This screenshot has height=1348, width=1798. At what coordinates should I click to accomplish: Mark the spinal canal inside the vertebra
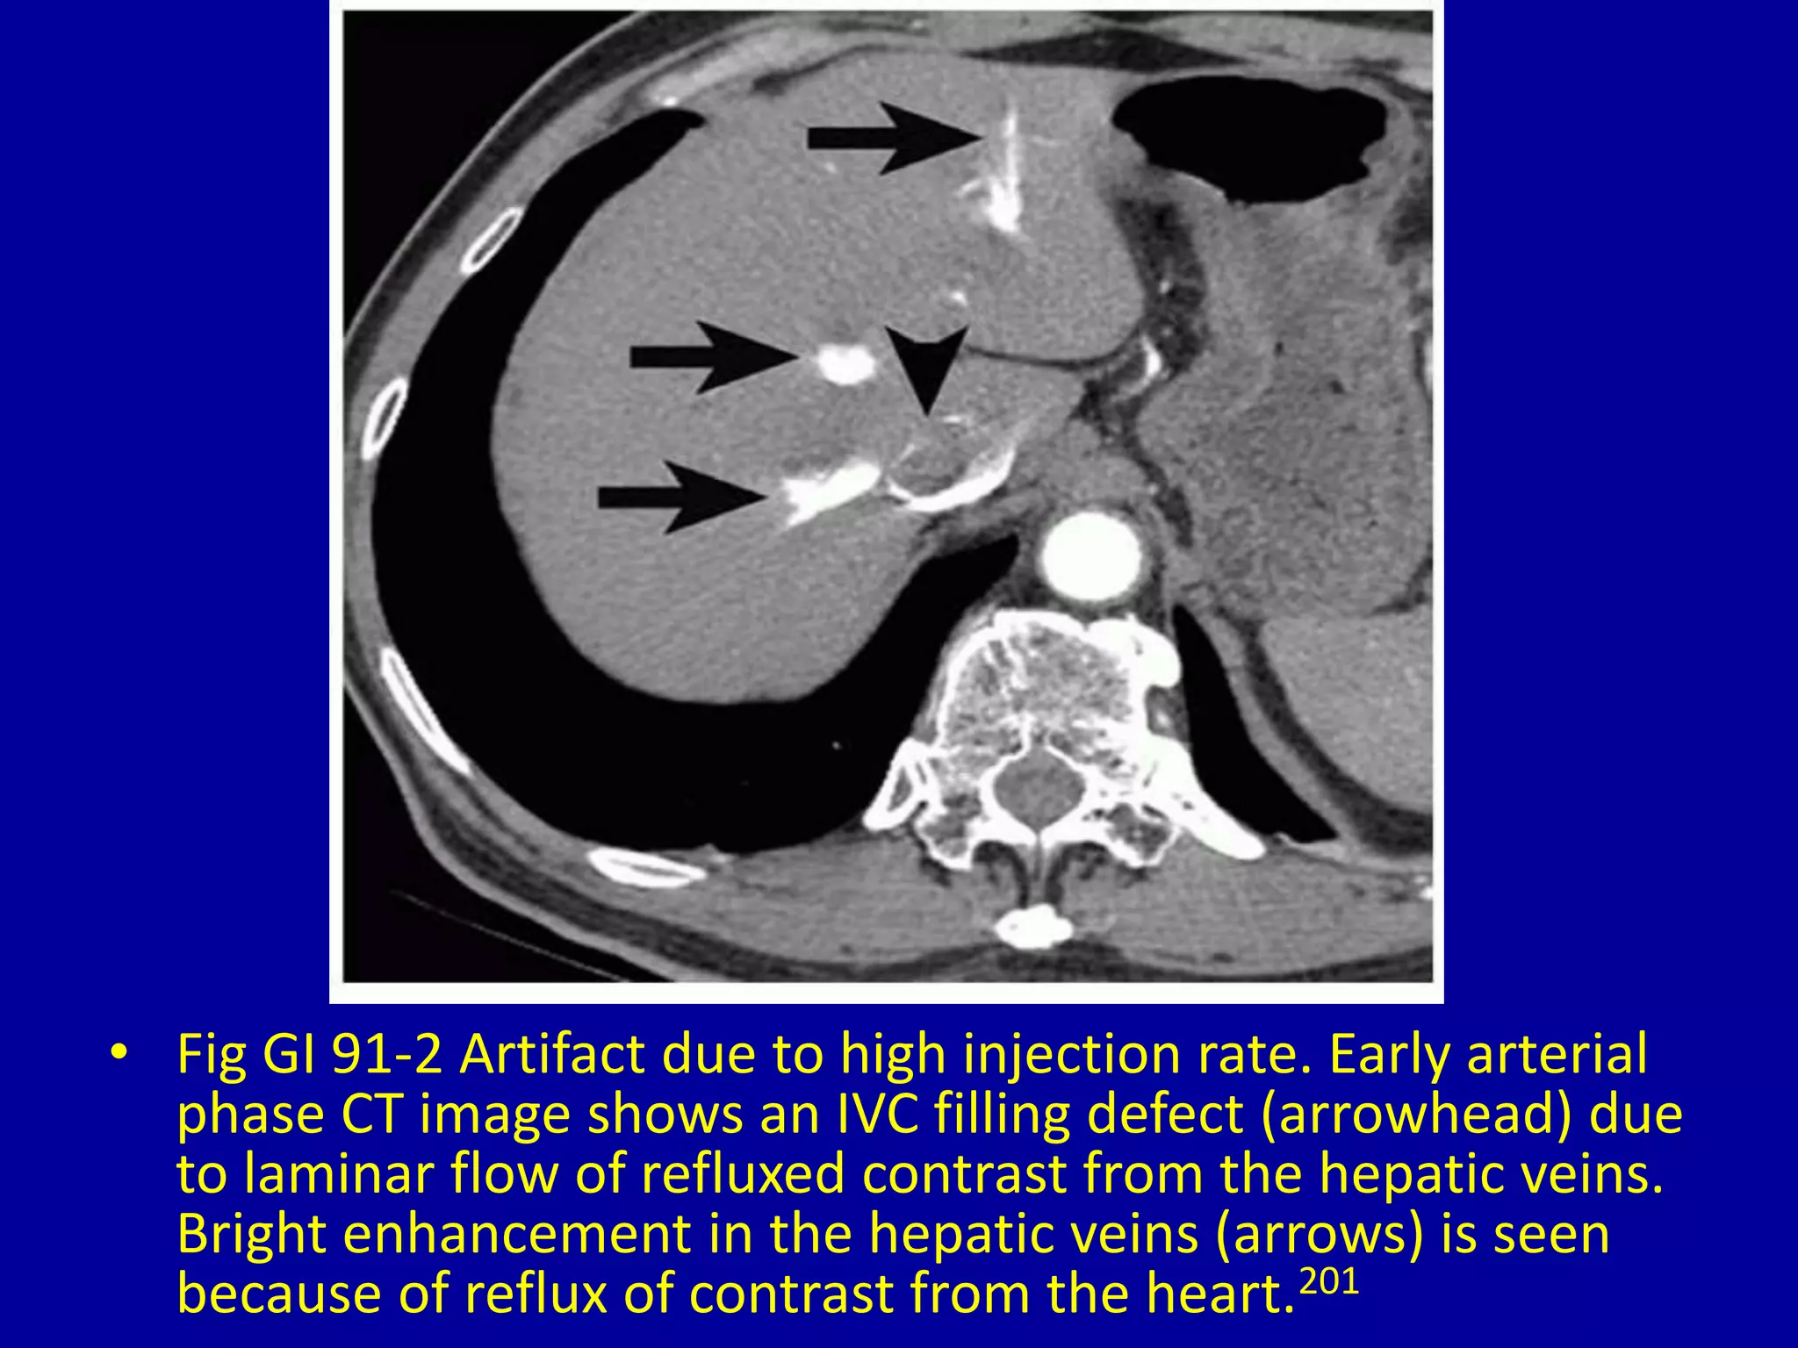point(1038,784)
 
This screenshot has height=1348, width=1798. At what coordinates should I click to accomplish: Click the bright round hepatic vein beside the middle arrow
point(843,363)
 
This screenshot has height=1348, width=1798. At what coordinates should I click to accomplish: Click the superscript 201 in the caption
point(1328,1283)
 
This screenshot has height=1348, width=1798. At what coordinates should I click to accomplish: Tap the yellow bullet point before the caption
point(120,1052)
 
